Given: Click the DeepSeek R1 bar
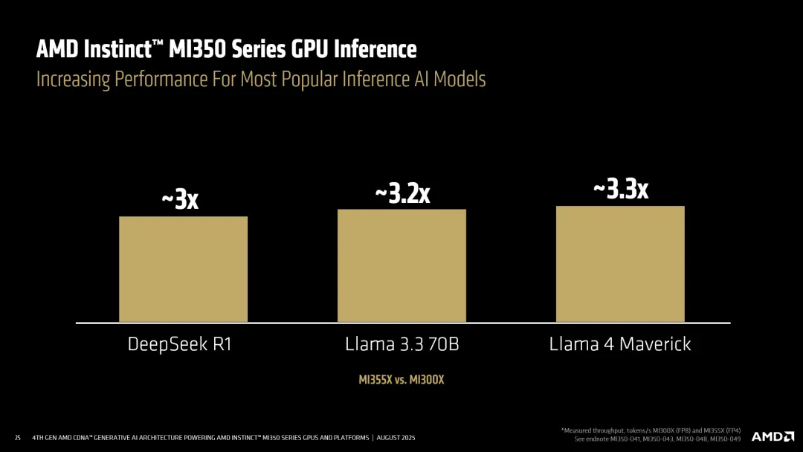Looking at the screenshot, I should click(183, 269).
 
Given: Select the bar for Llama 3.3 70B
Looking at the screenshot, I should click(401, 265).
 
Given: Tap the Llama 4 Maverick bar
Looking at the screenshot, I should click(620, 264).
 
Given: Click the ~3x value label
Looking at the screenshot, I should click(180, 199).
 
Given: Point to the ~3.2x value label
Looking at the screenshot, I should click(402, 193).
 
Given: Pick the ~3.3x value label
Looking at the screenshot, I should click(620, 189).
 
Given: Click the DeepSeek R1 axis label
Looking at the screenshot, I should click(180, 345).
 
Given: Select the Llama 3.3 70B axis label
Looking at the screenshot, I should click(401, 345).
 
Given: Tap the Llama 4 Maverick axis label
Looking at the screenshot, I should click(620, 345).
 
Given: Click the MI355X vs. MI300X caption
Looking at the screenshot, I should click(401, 379).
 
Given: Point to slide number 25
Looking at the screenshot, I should click(18, 437).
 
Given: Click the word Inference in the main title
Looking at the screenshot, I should click(375, 50).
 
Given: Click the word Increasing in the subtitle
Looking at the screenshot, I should click(73, 79).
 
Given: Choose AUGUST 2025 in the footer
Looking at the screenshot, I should click(399, 437).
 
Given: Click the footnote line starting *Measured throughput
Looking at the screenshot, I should click(651, 430).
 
